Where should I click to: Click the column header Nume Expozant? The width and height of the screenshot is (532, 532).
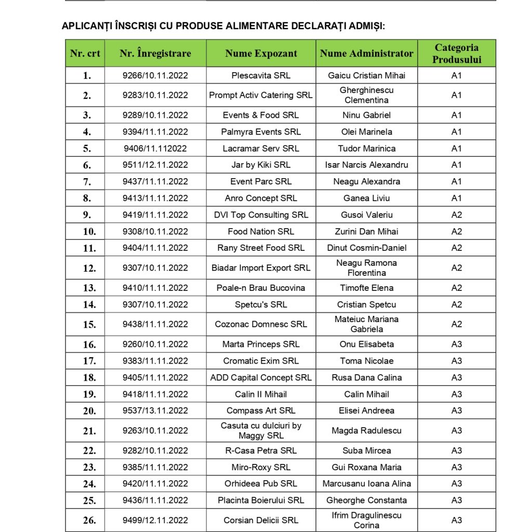pos(261,54)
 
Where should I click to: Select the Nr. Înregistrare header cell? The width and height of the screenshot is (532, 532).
pos(155,54)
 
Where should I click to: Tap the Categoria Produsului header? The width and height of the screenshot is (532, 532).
pos(457,54)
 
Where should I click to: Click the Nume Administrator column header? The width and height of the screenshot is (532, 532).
pos(366,54)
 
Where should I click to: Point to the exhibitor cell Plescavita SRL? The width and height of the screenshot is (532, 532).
pos(261,75)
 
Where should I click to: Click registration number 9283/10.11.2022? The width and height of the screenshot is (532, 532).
pos(155,95)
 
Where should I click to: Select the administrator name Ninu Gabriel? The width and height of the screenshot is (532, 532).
pos(366,115)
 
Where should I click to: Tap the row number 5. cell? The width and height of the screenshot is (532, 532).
pos(86,149)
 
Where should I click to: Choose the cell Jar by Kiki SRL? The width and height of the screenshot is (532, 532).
pos(261,165)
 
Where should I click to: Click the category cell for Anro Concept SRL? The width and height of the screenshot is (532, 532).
pos(457,198)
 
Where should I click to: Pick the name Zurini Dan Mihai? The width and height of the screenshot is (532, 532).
pos(366,231)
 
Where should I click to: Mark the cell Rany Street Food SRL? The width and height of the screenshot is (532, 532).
pos(261,248)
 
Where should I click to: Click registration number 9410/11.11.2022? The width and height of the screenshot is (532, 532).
pos(155,288)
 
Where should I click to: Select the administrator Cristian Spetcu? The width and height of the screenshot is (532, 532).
pos(366,304)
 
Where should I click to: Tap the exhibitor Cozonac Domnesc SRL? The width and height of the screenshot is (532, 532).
pos(261,324)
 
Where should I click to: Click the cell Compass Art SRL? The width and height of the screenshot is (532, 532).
pos(261,410)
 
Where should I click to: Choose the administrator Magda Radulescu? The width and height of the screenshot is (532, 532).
pos(366,431)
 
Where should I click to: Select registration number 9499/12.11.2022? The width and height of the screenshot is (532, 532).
pos(155,520)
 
